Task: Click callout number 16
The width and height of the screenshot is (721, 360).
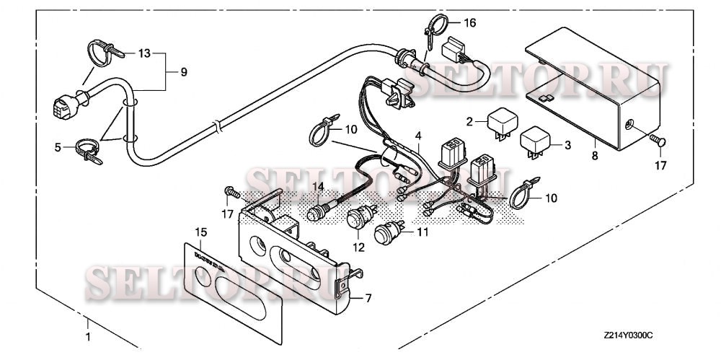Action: (469, 23)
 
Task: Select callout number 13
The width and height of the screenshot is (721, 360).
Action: (145, 53)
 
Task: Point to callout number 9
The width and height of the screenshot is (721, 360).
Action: (182, 71)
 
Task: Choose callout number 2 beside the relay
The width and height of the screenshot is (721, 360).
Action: (469, 120)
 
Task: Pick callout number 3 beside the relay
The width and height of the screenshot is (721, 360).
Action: (568, 145)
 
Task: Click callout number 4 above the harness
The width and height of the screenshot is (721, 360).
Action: (417, 135)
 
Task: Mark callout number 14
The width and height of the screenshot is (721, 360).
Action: (317, 187)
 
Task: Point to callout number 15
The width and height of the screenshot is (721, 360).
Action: (200, 232)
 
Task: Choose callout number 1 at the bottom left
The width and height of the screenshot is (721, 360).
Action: (89, 337)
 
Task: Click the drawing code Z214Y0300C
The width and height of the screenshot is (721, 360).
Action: (628, 336)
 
